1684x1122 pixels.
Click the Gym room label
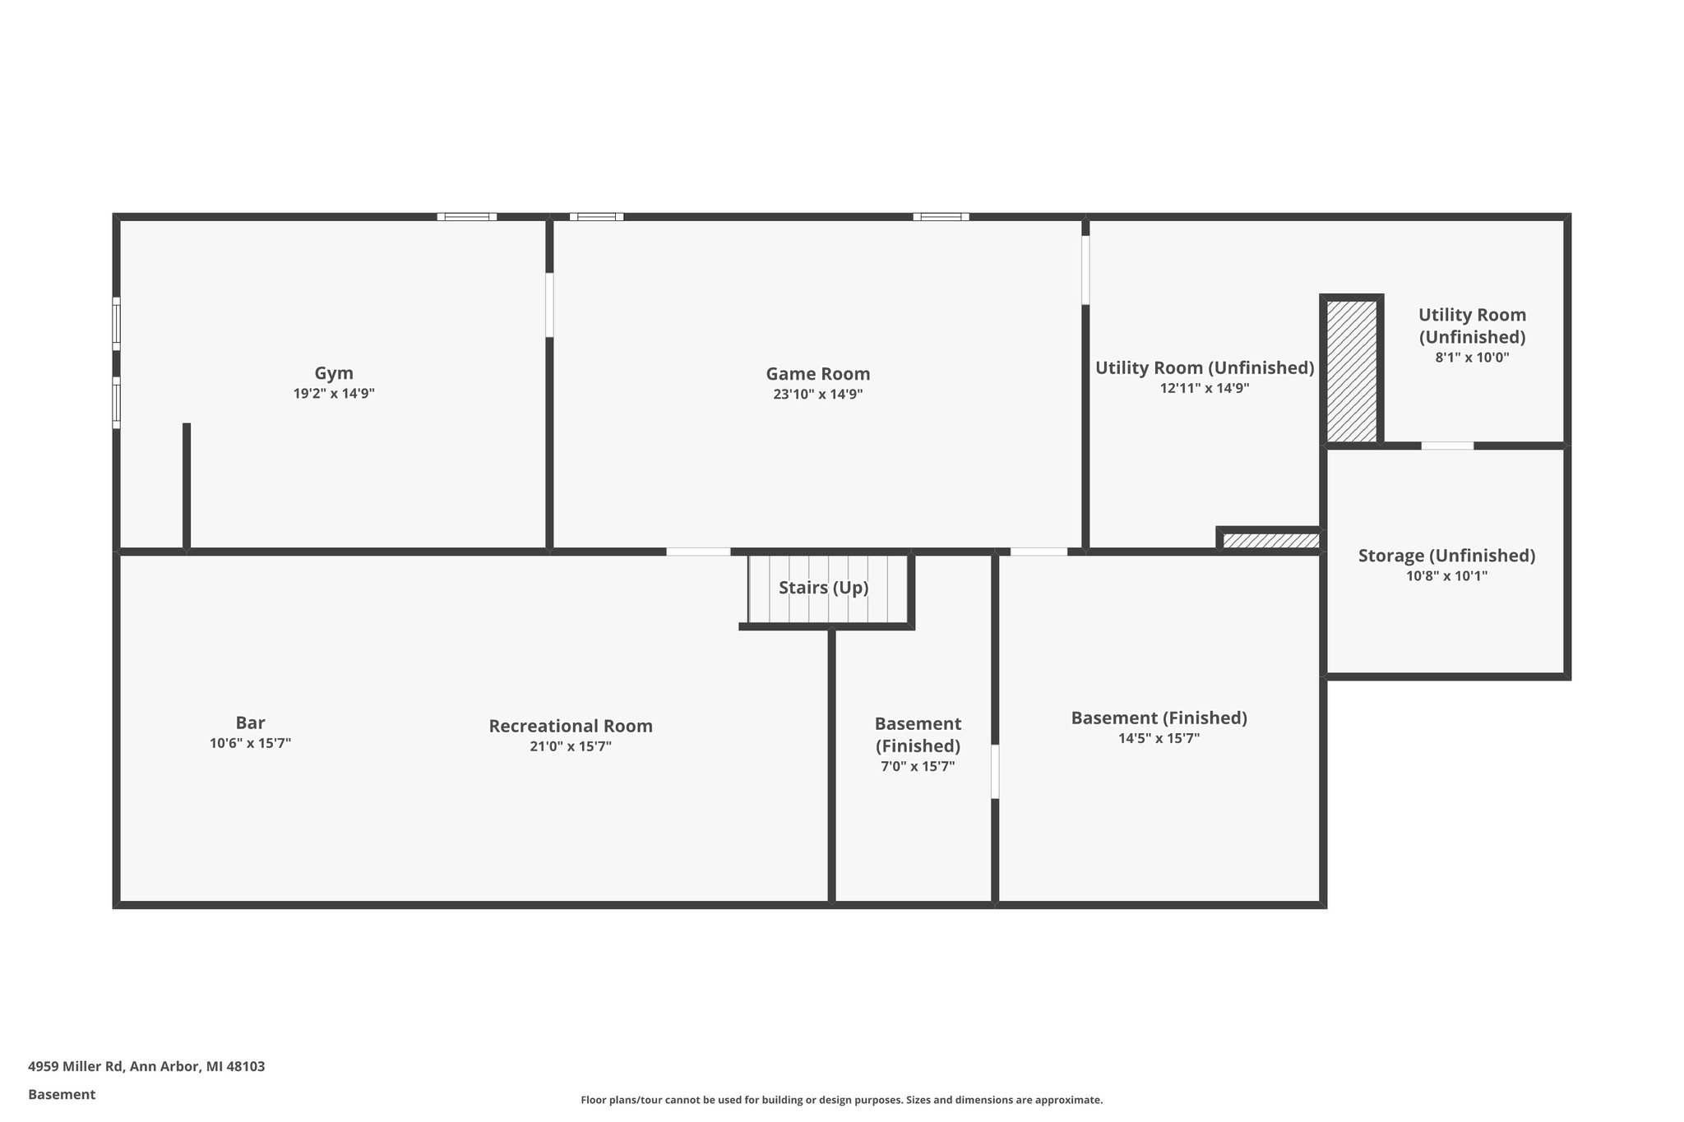(x=334, y=373)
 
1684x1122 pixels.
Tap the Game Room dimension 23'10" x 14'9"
(x=817, y=395)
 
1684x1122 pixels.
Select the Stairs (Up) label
(x=823, y=588)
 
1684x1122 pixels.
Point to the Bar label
(x=250, y=723)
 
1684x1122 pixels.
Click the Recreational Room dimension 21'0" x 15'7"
(x=571, y=746)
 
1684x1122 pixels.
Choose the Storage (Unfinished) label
(x=1446, y=556)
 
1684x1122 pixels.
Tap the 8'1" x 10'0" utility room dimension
(x=1472, y=358)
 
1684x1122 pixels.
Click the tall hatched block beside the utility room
(x=1352, y=370)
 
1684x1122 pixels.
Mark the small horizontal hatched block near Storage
(x=1270, y=540)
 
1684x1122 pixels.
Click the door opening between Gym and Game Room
(x=549, y=305)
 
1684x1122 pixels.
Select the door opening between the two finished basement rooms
(x=995, y=771)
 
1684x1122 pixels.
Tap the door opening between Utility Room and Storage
(x=1447, y=446)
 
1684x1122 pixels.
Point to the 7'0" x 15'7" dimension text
(x=918, y=767)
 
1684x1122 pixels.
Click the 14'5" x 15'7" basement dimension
(x=1159, y=738)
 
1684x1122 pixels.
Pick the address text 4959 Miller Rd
(x=146, y=1067)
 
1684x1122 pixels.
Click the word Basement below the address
(x=62, y=1095)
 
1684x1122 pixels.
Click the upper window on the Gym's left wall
(x=116, y=324)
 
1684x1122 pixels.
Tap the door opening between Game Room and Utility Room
(x=1085, y=270)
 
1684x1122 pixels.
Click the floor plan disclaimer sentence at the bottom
(x=841, y=1100)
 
